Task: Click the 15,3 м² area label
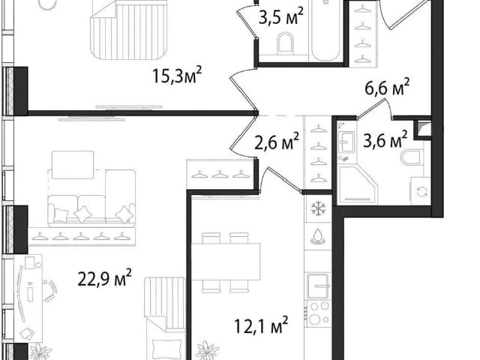pyautogui.click(x=177, y=76)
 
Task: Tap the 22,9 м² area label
pyautogui.click(x=105, y=277)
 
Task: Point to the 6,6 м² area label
pyautogui.click(x=387, y=87)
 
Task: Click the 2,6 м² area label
pyautogui.click(x=277, y=141)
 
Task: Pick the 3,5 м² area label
pyautogui.click(x=281, y=16)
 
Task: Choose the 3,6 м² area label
pyautogui.click(x=385, y=139)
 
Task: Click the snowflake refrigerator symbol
pyautogui.click(x=318, y=208)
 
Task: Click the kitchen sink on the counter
pyautogui.click(x=318, y=286)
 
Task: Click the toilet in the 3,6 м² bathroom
pyautogui.click(x=412, y=157)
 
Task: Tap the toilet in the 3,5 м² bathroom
pyautogui.click(x=285, y=43)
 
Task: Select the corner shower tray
pyautogui.click(x=357, y=184)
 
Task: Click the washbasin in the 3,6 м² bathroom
pyautogui.click(x=347, y=142)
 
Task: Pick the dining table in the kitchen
pyautogui.click(x=226, y=262)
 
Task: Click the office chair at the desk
pyautogui.click(x=49, y=290)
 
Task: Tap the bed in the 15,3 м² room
pyautogui.click(x=129, y=29)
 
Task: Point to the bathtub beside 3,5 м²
pyautogui.click(x=325, y=30)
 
